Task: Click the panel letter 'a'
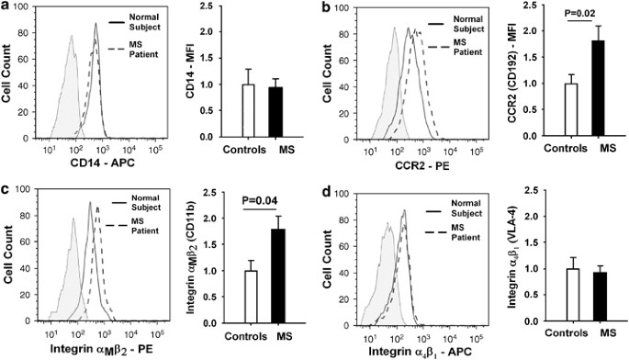point(6,7)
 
